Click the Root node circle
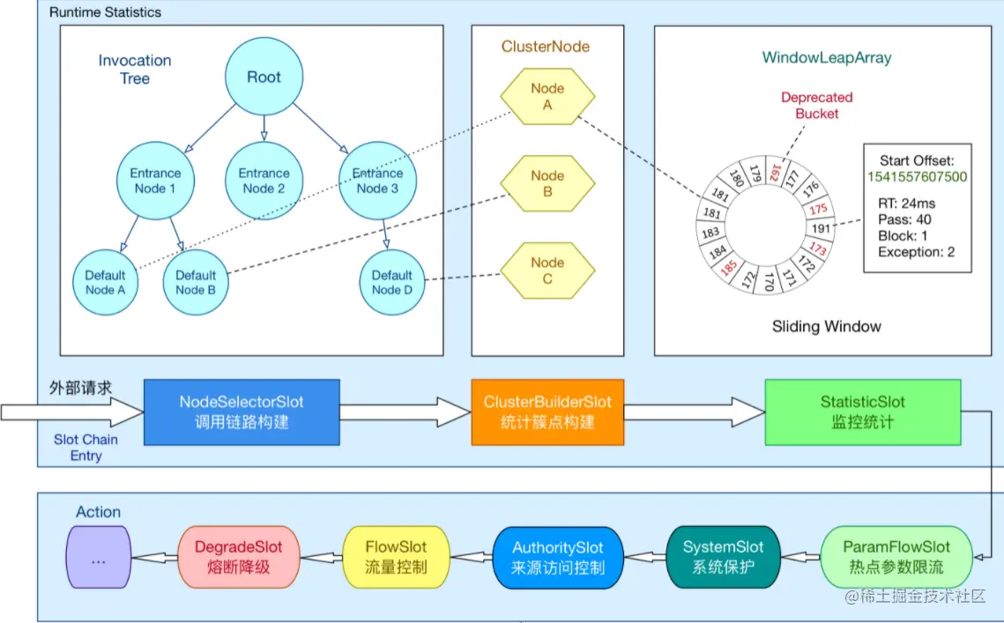point(264,77)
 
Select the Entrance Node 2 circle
point(264,181)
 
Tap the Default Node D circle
point(392,282)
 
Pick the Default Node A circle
point(105,282)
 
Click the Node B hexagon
point(547,184)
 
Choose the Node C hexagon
point(547,271)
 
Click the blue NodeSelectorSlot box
point(242,412)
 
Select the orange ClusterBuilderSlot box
point(547,412)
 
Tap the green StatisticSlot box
point(862,412)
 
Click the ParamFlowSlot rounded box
point(896,557)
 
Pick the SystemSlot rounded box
point(723,557)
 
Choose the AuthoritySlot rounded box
point(558,557)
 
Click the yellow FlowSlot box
point(396,557)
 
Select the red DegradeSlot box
point(238,557)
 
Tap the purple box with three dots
point(99,557)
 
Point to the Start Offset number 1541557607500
point(917,177)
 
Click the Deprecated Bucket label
point(816,106)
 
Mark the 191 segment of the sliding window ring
point(821,228)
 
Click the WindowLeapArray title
point(827,57)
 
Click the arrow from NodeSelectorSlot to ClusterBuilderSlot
point(405,412)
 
